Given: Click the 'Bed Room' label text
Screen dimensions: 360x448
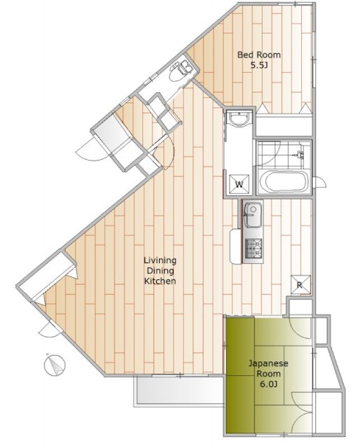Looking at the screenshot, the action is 258,55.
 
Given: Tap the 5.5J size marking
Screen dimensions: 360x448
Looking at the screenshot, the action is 259,65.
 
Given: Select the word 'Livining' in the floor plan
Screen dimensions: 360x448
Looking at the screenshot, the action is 160,260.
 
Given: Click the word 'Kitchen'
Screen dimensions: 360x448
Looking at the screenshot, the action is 160,281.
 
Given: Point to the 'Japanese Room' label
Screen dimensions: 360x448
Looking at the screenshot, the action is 268,369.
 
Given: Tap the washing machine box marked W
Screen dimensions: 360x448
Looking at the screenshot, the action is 239,184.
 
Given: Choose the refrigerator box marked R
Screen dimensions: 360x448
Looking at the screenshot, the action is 300,285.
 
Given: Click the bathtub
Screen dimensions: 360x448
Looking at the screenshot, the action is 284,182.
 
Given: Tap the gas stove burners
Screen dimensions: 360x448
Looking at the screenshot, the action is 254,248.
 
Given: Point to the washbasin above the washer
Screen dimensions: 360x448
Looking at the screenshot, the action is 239,118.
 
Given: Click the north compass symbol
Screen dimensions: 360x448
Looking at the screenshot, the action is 55,365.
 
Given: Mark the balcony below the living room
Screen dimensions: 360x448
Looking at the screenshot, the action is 179,391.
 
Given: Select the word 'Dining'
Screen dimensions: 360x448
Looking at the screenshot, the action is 160,271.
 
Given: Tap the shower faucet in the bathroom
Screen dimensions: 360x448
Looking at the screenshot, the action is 300,155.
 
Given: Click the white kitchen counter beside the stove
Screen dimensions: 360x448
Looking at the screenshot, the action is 235,246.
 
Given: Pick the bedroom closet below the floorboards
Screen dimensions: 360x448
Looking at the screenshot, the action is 284,125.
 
